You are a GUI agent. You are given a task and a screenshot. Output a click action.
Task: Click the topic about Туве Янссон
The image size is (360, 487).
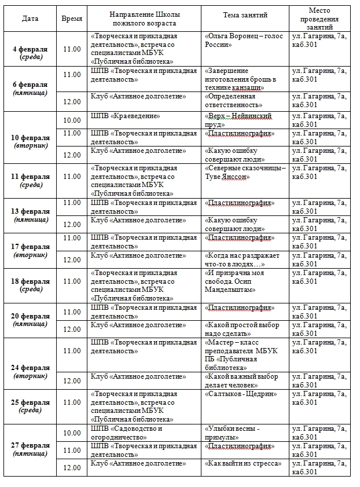(245, 173)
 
